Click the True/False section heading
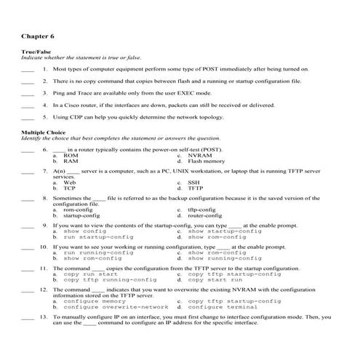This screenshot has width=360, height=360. coord(36,52)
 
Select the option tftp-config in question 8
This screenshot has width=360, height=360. coord(209,209)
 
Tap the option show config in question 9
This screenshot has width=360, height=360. coord(85,231)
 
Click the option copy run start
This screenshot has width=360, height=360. coord(91,273)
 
